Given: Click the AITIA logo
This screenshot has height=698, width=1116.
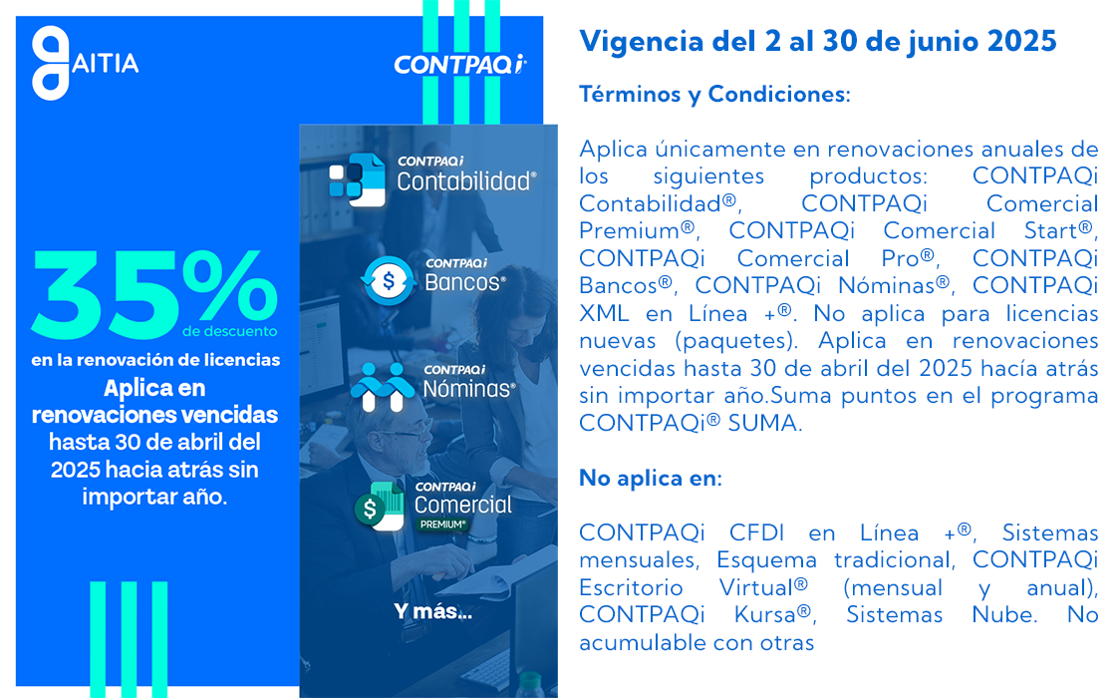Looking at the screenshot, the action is [x=85, y=63].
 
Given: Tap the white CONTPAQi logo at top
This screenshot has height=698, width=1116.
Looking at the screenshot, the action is [x=460, y=64].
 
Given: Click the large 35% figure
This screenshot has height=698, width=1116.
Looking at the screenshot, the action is [x=153, y=293].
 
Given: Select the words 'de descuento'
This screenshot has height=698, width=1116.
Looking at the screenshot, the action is [x=230, y=331].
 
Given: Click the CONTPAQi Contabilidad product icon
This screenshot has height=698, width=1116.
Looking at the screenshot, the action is [x=357, y=179].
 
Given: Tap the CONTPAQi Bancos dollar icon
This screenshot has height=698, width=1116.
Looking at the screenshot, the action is [x=388, y=280].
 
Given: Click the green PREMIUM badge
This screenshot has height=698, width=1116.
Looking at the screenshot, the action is [x=442, y=524].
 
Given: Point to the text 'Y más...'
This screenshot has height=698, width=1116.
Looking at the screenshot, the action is [x=432, y=612].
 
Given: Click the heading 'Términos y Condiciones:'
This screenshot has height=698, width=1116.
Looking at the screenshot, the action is [x=714, y=94].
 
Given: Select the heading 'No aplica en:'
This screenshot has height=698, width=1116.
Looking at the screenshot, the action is [x=651, y=478].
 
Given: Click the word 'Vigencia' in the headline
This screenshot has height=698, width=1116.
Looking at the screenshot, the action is [x=642, y=41].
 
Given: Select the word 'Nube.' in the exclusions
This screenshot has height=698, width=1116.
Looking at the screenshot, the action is [x=1004, y=614].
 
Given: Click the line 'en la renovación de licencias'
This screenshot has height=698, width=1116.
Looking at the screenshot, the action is [x=155, y=360].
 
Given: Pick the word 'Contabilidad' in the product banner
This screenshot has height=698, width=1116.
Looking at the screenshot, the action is [x=466, y=181].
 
